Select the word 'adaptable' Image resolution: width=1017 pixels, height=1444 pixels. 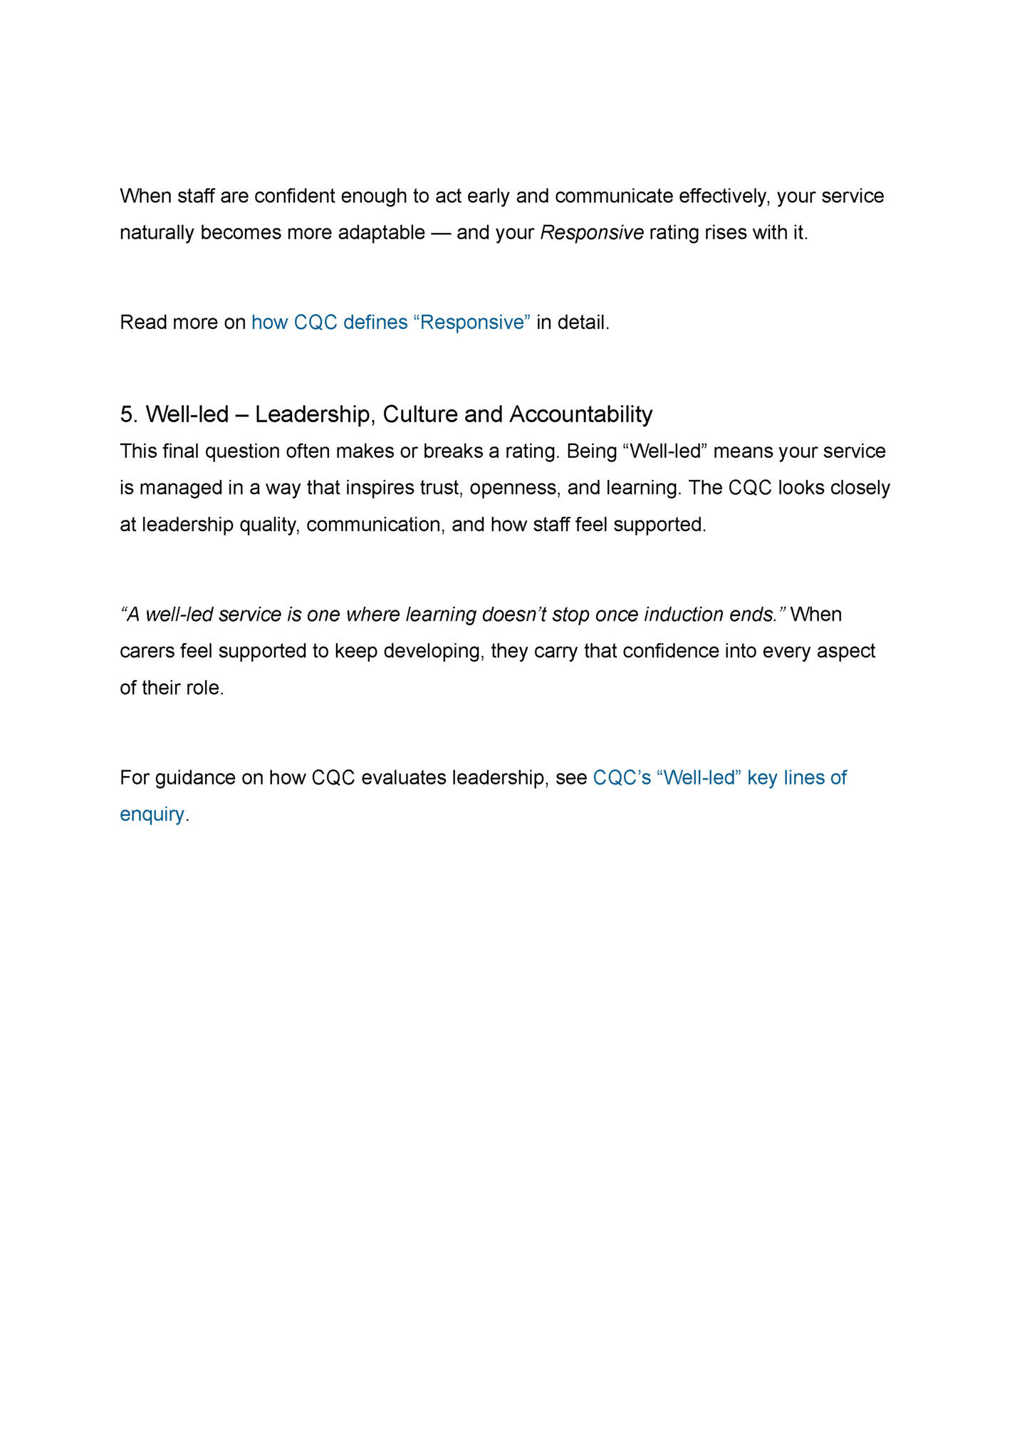click(x=381, y=233)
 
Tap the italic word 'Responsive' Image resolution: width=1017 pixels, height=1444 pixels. click(x=592, y=233)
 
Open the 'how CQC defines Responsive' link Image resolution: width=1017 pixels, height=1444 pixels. click(x=390, y=323)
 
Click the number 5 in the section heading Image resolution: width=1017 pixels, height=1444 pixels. click(x=127, y=414)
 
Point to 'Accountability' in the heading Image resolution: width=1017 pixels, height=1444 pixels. click(x=581, y=414)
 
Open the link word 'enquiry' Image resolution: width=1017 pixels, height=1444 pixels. click(x=152, y=814)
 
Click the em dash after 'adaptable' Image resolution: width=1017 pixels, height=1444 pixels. click(x=441, y=233)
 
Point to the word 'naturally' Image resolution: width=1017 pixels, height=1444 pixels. click(x=157, y=233)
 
